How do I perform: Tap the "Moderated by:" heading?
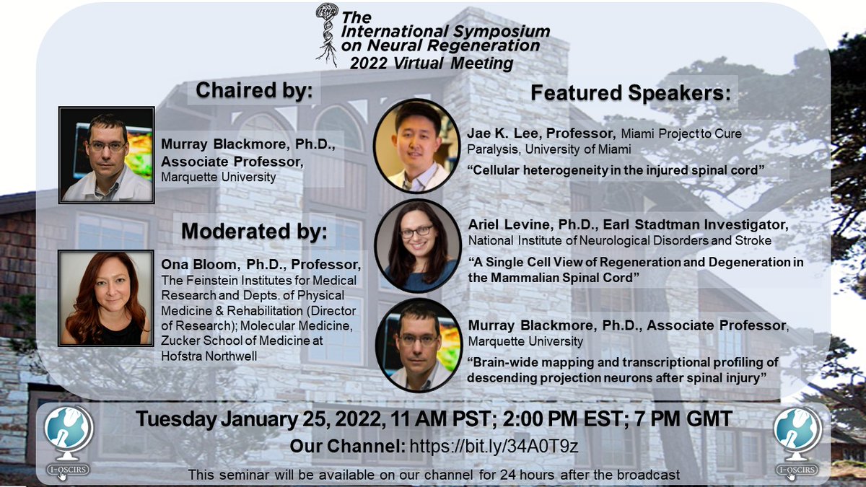tap(254, 231)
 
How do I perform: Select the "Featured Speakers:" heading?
tap(630, 93)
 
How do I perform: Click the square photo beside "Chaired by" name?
tap(107, 154)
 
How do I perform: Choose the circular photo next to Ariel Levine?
tap(416, 245)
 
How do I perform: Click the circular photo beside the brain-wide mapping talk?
tap(417, 345)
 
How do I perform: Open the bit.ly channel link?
tap(494, 447)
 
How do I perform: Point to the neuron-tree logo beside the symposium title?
tap(327, 32)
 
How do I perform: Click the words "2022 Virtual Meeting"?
tap(432, 63)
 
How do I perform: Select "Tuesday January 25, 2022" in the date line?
tap(252, 418)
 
